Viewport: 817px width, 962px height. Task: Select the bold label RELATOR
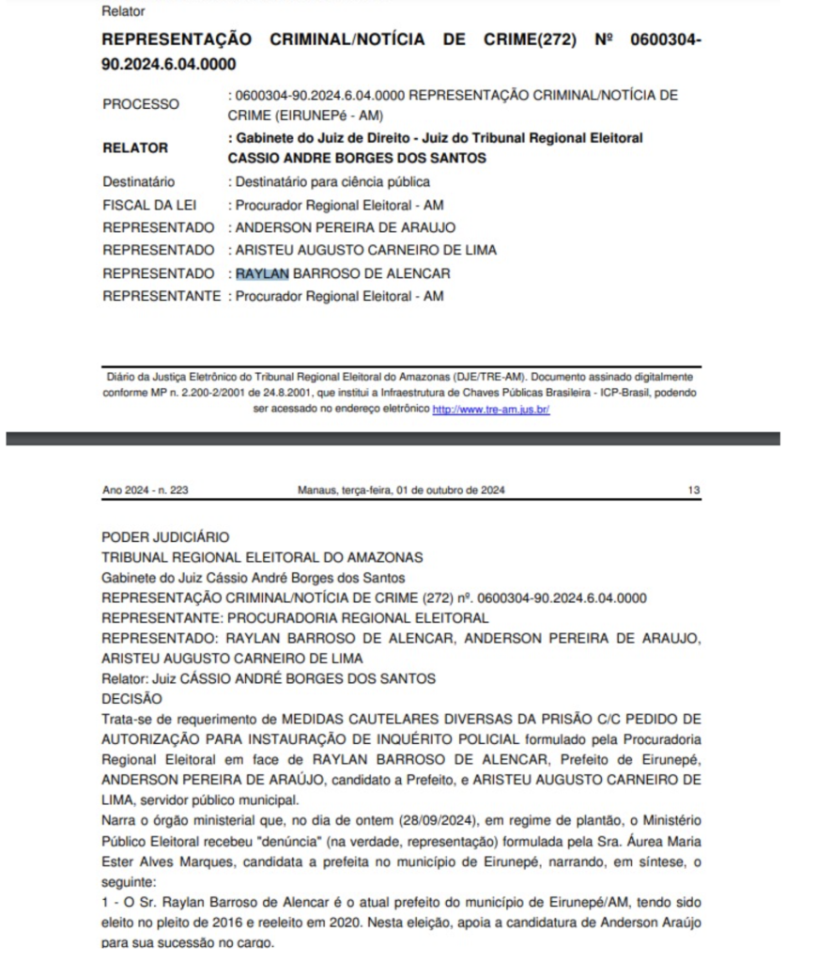135,147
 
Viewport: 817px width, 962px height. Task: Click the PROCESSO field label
141,105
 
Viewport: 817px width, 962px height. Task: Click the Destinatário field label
138,182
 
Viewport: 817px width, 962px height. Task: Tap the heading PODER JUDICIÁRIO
165,537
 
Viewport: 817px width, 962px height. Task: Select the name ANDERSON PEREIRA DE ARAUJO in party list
345,227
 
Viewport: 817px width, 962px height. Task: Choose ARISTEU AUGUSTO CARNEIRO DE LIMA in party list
365,250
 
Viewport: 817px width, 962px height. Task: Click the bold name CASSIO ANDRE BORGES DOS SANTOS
357,159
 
